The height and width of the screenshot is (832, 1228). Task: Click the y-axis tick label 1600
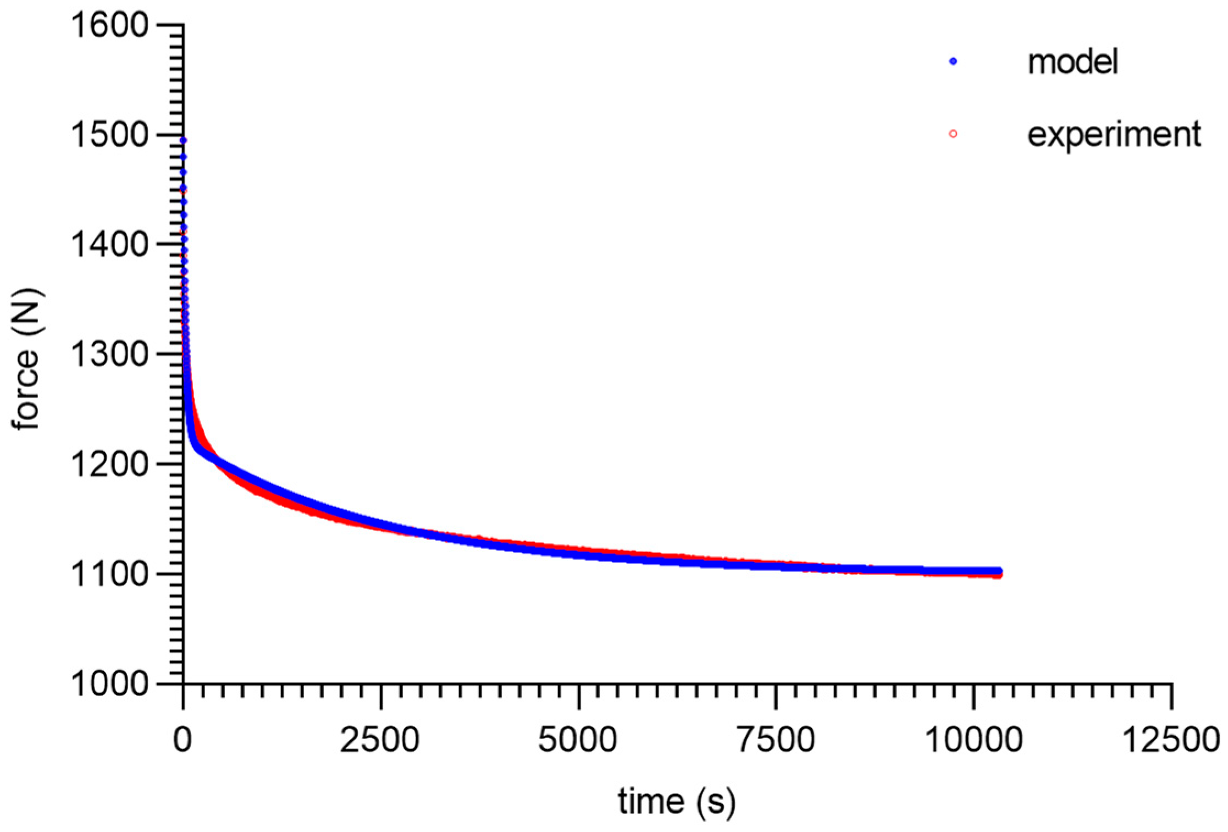110,25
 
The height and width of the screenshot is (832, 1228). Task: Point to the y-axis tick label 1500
110,135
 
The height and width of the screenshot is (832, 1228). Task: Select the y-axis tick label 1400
110,245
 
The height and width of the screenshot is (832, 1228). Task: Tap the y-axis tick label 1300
110,354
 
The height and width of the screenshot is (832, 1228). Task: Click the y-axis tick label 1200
110,464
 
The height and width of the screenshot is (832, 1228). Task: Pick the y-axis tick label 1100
110,574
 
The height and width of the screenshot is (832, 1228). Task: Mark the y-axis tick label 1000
110,684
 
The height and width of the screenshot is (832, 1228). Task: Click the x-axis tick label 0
183,740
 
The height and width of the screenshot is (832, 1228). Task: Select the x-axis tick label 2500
380,740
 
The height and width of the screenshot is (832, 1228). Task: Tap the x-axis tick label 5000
578,740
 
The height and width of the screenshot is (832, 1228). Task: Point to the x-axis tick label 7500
776,740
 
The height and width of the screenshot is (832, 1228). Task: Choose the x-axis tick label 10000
973,740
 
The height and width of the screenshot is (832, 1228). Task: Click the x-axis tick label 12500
1171,740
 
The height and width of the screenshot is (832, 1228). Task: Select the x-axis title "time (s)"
676,801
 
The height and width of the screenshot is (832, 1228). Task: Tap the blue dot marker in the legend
953,62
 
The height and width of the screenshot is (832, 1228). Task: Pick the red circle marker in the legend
953,134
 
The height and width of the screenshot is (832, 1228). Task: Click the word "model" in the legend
1072,62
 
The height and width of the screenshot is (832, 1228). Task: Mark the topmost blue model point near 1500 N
183,141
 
